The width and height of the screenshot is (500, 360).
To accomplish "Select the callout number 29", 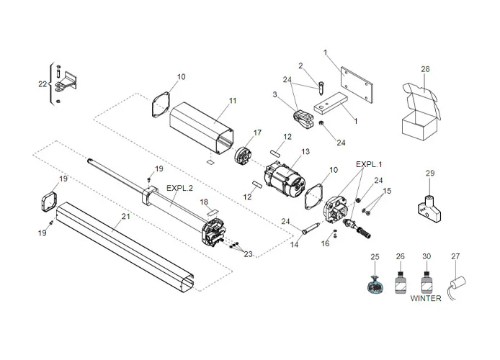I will point(430,174).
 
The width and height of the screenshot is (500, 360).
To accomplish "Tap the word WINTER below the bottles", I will point(426,298).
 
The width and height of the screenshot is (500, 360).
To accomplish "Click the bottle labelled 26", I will point(400,279).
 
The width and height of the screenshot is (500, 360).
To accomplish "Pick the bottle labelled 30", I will point(426,279).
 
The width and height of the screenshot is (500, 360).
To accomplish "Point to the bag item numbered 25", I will point(375,283).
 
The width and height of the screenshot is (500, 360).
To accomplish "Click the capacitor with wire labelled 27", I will point(455,282).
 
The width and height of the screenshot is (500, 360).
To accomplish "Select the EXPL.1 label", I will point(370,164).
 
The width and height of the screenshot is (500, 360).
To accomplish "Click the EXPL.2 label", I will point(179,188).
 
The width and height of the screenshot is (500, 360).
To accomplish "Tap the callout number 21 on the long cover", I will point(126,215).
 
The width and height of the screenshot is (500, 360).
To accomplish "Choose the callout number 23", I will point(249,253).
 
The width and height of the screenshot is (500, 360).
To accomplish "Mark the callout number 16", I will point(326,244).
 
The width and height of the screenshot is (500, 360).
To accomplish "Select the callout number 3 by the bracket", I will point(275,94).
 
